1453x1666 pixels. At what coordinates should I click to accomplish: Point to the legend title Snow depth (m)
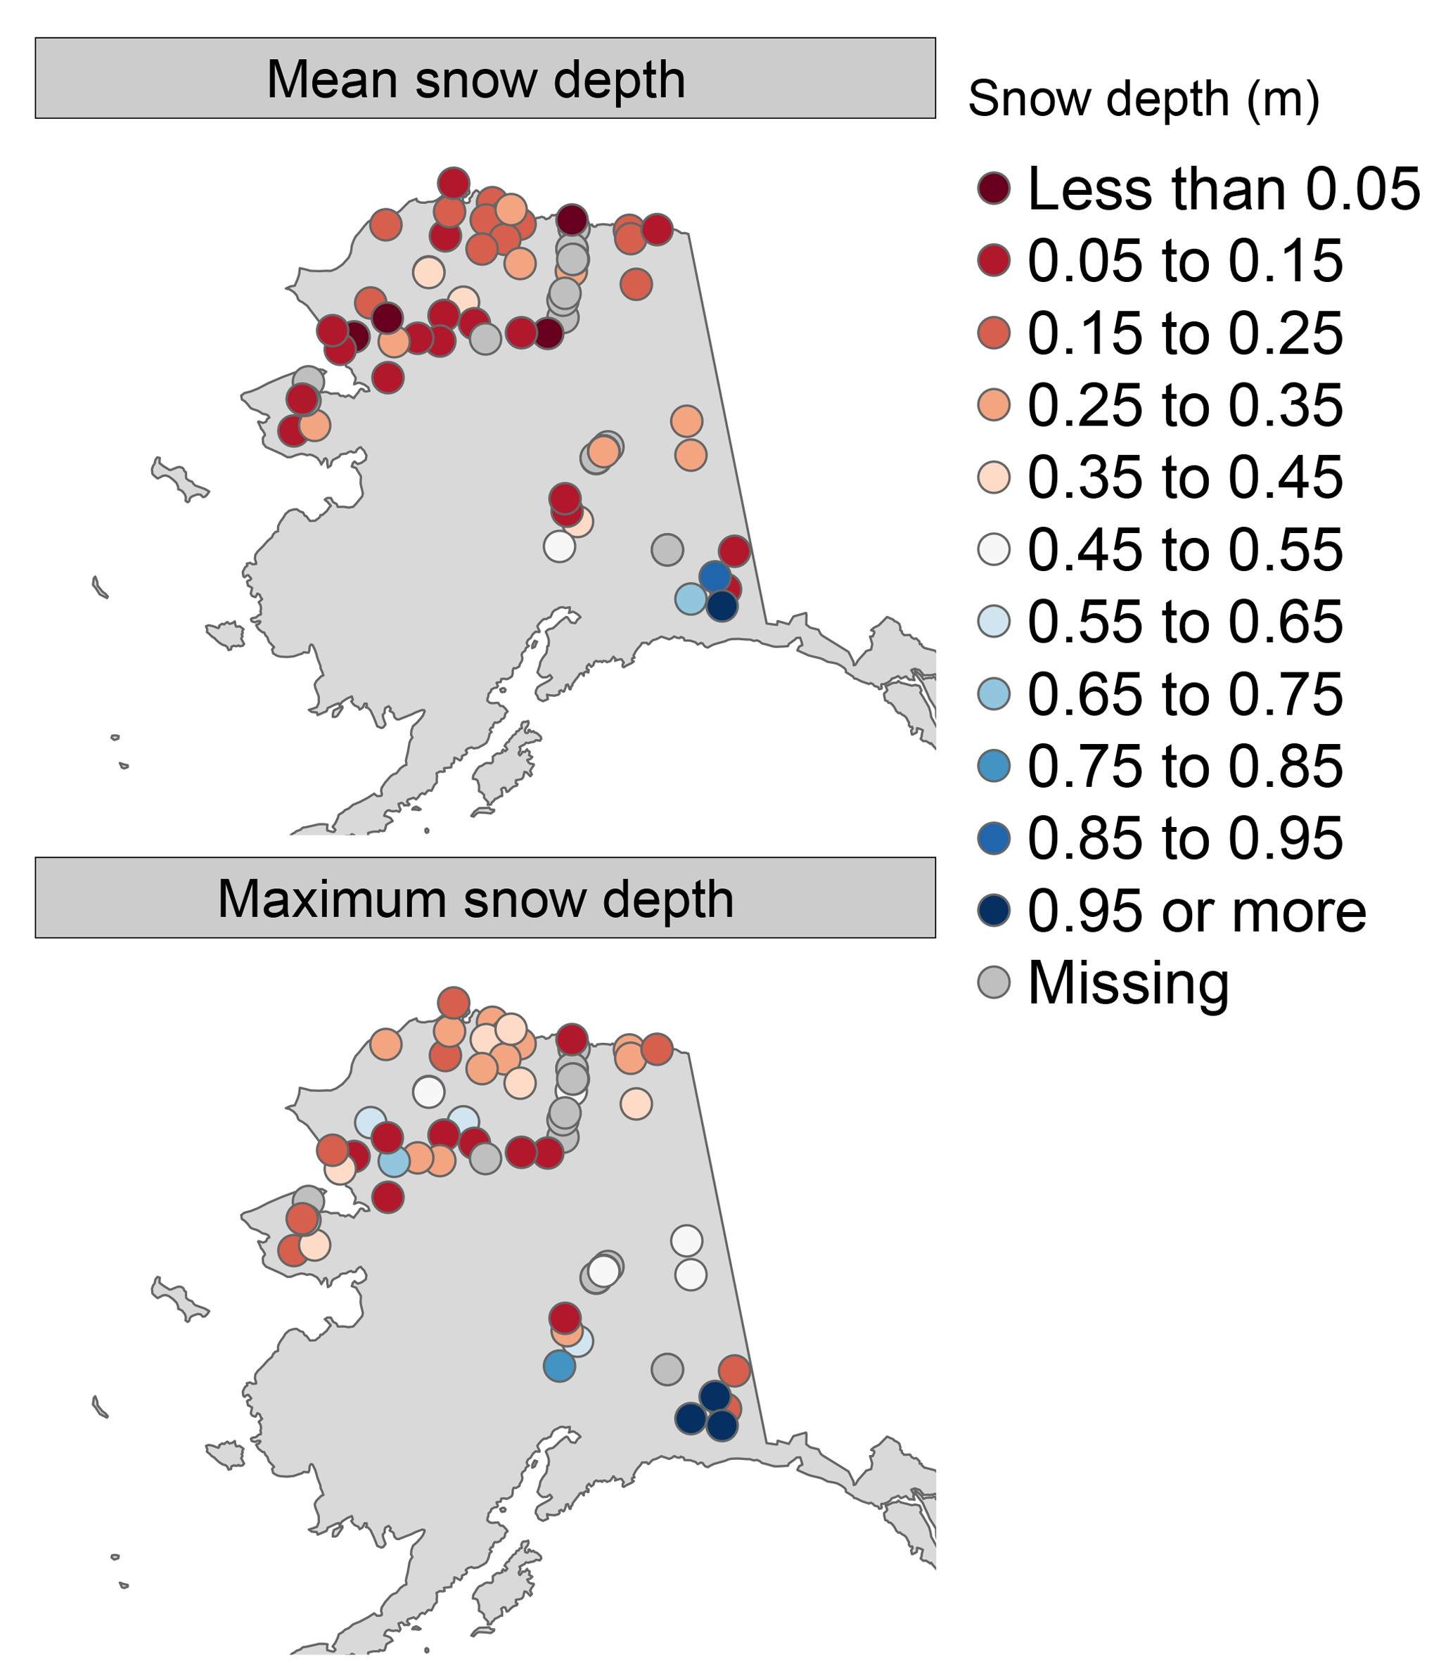click(x=1144, y=99)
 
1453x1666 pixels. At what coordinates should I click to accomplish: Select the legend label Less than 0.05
click(x=1224, y=189)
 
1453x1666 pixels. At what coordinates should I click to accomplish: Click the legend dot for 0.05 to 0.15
click(x=994, y=261)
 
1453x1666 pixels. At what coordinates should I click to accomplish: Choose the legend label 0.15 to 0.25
click(x=1184, y=333)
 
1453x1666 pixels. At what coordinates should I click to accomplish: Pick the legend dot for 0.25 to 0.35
click(x=994, y=405)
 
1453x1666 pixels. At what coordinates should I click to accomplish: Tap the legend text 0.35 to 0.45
click(x=1184, y=478)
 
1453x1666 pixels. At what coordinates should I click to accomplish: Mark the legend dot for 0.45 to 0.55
click(x=994, y=550)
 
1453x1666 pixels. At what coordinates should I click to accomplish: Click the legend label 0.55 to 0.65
click(x=1184, y=622)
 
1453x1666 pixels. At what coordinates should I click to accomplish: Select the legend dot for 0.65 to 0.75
click(x=994, y=694)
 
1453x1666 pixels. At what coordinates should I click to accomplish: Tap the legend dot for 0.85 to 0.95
click(x=994, y=838)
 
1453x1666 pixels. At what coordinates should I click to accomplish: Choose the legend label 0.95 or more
click(x=1197, y=911)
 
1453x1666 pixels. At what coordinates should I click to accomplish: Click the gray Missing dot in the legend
click(x=994, y=982)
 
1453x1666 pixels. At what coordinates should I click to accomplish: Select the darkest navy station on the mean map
click(x=722, y=605)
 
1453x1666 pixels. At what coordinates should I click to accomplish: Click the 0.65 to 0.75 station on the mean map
click(x=690, y=599)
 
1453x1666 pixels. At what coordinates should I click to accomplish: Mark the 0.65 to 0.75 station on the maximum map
click(x=394, y=1162)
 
